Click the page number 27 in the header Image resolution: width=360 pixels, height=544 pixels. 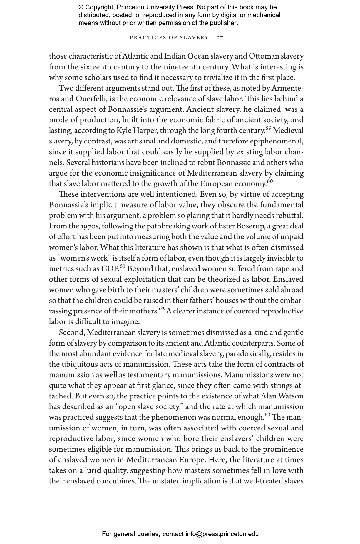click(x=220, y=38)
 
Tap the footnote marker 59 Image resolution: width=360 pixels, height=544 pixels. click(x=269, y=128)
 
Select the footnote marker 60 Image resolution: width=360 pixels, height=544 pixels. click(x=270, y=181)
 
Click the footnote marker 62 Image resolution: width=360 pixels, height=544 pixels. click(x=162, y=308)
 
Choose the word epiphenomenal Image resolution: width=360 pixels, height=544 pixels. click(x=277, y=141)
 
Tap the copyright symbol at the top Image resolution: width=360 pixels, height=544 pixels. click(x=81, y=7)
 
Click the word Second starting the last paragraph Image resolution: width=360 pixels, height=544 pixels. click(x=72, y=333)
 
